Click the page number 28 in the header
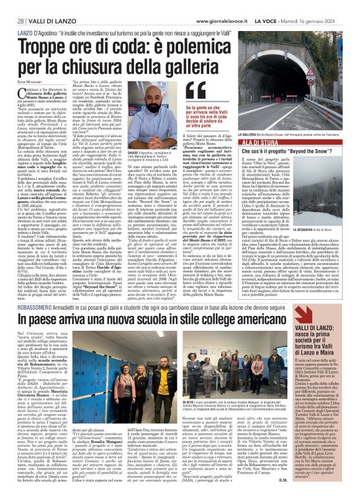pos(12,6)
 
